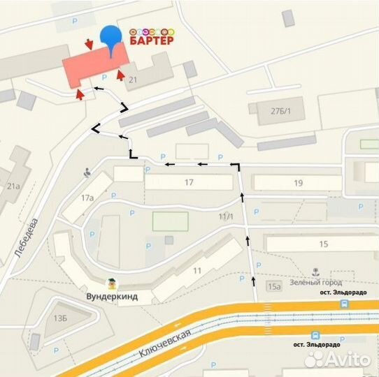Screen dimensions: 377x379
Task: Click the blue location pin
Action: point(110,39)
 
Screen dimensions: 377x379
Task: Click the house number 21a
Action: point(12,186)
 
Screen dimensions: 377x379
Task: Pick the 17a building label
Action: point(87,198)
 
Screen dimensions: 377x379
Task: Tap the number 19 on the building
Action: point(299,183)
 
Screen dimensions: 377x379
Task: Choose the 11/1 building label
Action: point(226,217)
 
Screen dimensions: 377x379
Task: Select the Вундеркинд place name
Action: point(112,297)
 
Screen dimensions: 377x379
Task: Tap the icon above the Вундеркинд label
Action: point(110,283)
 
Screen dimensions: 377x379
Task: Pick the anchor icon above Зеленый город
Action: point(315,270)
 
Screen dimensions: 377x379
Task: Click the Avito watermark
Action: point(338,358)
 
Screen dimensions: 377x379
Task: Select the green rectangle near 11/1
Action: point(171,221)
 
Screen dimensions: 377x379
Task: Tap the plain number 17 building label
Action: point(189,183)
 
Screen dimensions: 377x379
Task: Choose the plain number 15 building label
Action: point(323,244)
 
